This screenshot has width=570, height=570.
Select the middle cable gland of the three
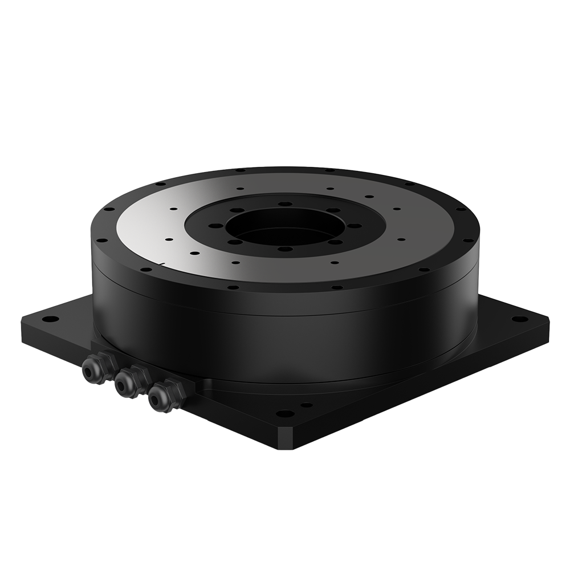[125, 385]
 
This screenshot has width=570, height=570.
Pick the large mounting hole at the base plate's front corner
[284, 413]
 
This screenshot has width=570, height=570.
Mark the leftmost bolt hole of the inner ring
[215, 226]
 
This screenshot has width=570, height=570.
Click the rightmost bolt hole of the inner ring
[356, 226]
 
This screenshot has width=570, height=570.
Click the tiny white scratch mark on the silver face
[164, 263]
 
